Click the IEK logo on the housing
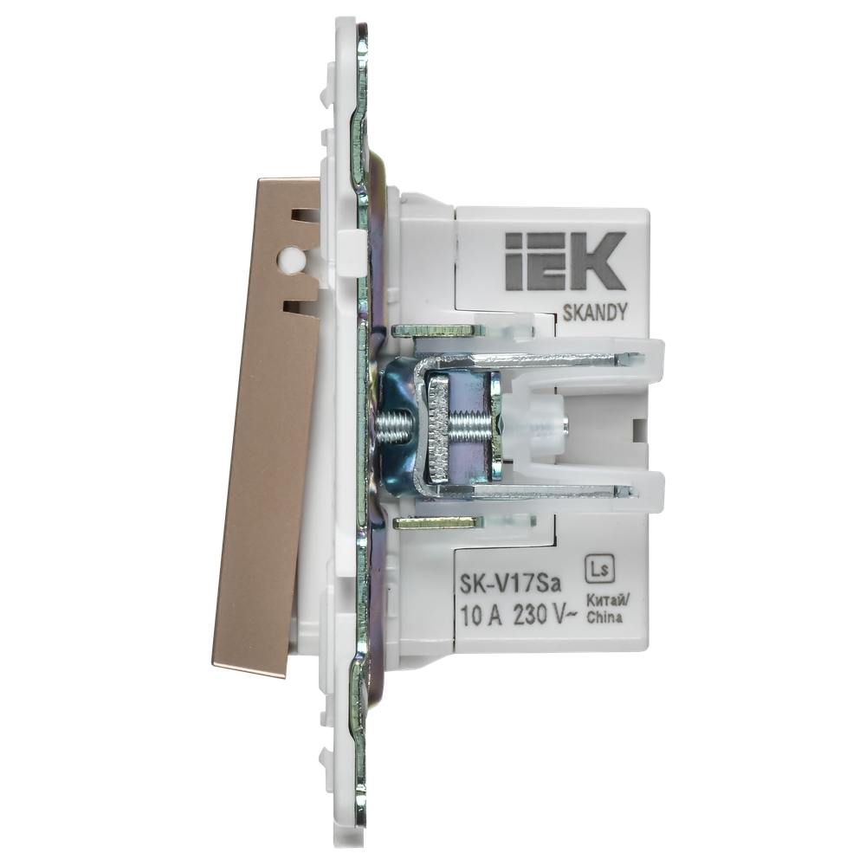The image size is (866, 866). point(562,261)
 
